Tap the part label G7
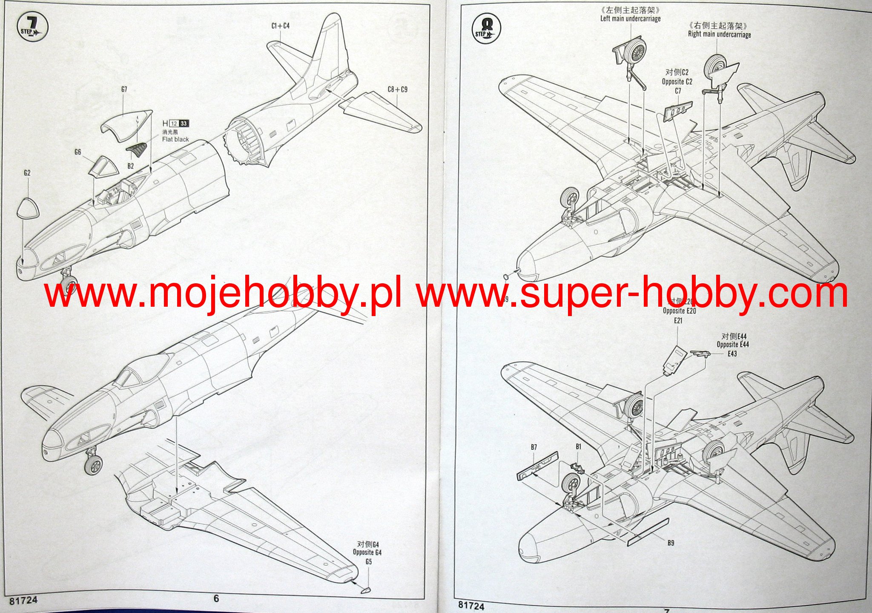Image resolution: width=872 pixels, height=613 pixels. (x=124, y=89)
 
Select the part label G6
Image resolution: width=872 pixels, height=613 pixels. (x=77, y=152)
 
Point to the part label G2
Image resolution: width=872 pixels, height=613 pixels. (x=27, y=173)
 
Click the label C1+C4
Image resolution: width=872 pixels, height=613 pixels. (x=280, y=26)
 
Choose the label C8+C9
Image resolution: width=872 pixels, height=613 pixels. (x=397, y=89)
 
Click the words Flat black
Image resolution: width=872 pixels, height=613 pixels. (x=175, y=139)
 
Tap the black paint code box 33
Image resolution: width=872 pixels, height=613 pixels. (x=184, y=124)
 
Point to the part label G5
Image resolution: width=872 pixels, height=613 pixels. (x=369, y=561)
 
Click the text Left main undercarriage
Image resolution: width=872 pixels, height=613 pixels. (x=630, y=19)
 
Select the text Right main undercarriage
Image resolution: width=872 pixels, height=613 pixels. (x=719, y=35)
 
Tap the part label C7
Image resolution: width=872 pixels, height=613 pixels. (x=678, y=91)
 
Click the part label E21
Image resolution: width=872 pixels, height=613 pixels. (x=678, y=320)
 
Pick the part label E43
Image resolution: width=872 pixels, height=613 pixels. (x=732, y=354)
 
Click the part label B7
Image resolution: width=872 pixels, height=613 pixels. (x=534, y=447)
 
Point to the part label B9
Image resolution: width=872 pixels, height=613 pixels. (x=671, y=543)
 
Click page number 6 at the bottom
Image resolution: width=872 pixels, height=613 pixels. (x=216, y=599)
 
